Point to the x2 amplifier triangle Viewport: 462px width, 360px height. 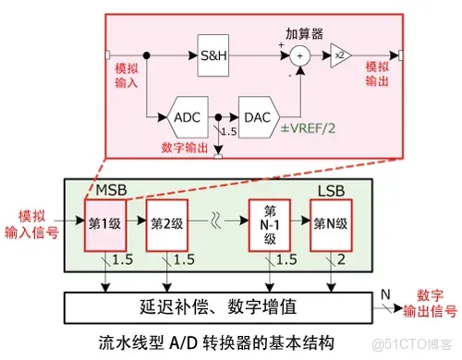click(x=339, y=54)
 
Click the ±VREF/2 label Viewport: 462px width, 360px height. click(x=308, y=128)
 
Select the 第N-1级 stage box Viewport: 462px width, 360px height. click(x=268, y=222)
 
